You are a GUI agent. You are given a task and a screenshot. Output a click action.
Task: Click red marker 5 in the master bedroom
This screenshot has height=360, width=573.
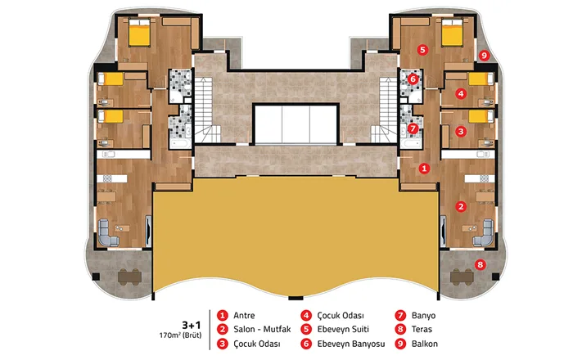[x=422, y=50]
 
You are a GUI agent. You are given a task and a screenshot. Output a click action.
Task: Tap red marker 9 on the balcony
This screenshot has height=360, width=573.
[x=485, y=56]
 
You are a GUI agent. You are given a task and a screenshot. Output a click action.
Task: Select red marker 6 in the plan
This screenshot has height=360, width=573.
[x=413, y=79]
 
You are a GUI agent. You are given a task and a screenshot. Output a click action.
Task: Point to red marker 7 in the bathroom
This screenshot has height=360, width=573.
[x=413, y=128]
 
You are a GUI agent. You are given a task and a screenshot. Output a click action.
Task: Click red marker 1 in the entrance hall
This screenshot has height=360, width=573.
[x=424, y=169]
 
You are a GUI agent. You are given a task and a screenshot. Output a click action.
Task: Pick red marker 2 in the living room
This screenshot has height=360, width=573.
[x=461, y=207]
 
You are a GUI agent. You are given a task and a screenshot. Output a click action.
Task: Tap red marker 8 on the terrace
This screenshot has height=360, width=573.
[x=481, y=265]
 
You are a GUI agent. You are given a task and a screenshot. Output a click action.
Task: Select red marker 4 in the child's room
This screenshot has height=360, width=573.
[x=461, y=94]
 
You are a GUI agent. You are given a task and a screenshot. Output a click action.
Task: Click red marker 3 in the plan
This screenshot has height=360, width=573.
[x=461, y=132]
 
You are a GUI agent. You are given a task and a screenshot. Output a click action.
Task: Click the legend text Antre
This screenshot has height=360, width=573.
[x=244, y=316]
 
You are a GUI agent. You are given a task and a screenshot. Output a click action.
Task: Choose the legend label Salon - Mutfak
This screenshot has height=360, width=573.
[x=262, y=330]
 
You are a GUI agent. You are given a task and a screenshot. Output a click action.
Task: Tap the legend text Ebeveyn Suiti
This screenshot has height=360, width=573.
[x=343, y=330]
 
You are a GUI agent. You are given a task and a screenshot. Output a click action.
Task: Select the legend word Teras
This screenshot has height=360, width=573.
[x=422, y=330]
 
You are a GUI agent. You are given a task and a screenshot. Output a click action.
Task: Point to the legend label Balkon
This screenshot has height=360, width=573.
[x=425, y=344]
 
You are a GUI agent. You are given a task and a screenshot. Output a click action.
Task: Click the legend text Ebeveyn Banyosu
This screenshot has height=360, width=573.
[x=351, y=344]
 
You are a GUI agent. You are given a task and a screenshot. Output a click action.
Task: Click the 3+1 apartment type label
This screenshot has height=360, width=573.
[x=192, y=325]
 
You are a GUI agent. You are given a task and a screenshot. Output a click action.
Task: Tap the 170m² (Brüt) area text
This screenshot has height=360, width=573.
[x=180, y=335]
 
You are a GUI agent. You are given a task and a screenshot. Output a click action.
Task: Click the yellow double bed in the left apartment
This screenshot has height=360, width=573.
[x=139, y=33]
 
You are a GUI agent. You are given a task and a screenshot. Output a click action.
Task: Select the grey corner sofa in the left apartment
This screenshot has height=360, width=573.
[x=108, y=232]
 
